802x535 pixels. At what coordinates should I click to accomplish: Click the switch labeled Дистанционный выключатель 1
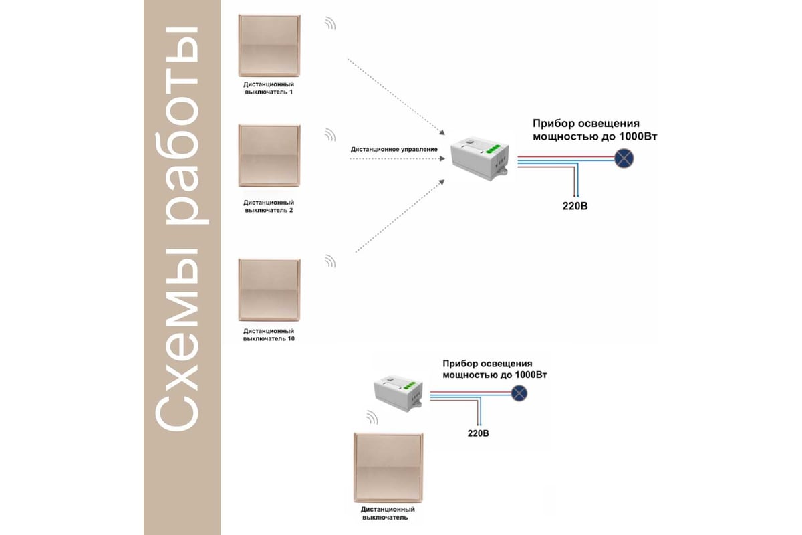click(269, 45)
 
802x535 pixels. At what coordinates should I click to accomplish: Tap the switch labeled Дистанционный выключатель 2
click(269, 156)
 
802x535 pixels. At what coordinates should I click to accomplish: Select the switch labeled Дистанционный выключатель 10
click(269, 290)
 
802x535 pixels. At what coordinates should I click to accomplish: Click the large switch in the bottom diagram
click(388, 467)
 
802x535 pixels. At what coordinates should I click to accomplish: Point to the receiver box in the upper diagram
click(480, 157)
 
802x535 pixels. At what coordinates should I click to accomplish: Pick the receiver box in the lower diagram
click(398, 392)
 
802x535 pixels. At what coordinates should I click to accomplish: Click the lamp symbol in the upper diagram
click(624, 158)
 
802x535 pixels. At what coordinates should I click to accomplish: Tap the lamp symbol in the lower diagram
click(519, 393)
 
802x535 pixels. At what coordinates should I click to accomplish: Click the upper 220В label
click(575, 206)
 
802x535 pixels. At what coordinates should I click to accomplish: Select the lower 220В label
click(478, 433)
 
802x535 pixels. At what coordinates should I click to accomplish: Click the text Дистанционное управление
click(394, 149)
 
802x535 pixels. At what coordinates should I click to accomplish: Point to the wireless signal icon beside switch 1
click(330, 23)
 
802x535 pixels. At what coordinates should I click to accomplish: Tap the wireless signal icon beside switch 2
click(330, 135)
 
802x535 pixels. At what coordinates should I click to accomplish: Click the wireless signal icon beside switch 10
click(330, 261)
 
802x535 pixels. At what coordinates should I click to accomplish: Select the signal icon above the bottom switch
click(372, 418)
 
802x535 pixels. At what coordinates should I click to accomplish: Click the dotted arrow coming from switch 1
click(396, 97)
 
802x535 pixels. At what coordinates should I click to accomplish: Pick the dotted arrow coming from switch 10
click(400, 216)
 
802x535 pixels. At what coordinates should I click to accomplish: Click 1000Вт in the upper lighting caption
click(638, 137)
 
